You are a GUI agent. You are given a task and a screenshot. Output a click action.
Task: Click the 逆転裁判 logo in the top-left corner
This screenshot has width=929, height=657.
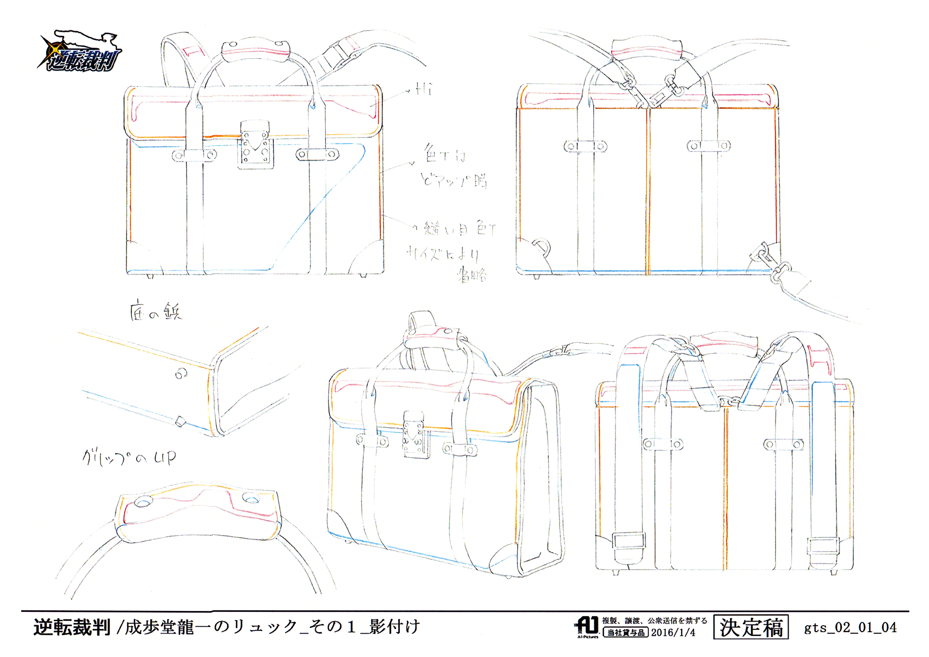(81, 52)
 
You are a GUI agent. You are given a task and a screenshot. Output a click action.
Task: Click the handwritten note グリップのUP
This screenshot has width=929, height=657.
(129, 457)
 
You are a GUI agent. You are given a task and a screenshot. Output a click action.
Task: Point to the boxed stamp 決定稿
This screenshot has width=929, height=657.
(751, 628)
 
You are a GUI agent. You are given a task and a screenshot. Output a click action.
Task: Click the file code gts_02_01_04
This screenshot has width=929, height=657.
(850, 628)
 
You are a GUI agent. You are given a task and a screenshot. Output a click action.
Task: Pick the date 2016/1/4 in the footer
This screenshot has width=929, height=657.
(673, 633)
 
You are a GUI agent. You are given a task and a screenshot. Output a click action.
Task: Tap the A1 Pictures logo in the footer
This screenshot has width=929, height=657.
(587, 627)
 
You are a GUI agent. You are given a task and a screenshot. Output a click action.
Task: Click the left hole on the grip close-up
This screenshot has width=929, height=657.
(144, 501)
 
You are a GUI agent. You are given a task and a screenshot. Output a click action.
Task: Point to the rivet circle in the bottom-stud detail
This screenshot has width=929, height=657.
(181, 374)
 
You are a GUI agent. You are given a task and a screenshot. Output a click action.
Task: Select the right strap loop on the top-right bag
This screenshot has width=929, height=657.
(709, 146)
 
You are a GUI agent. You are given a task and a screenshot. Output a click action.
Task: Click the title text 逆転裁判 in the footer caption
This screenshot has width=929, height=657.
(72, 627)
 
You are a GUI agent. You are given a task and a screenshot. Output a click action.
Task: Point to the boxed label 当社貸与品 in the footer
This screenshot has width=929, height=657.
(626, 633)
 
